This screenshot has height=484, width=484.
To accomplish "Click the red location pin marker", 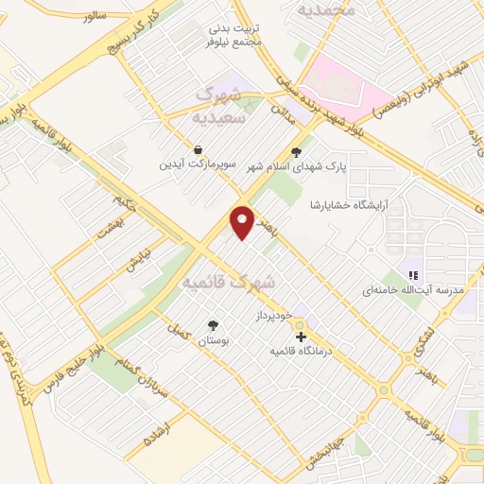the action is pos(243,221).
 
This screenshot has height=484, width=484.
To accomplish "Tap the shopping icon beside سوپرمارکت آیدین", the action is pos(198,150).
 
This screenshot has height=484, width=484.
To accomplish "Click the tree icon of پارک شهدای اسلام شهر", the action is pos(296,151).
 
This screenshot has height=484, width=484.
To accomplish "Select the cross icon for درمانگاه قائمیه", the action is pos(301,337).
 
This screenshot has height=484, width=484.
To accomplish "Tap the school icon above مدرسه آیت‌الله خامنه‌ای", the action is pos(413,274).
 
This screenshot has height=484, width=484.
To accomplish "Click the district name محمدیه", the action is pos(327,9).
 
